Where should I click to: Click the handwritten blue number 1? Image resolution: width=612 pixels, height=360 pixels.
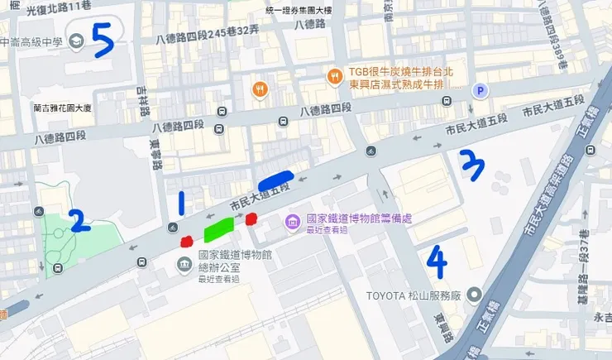tap(182, 204)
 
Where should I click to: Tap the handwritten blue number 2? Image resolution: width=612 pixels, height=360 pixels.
tap(78, 220)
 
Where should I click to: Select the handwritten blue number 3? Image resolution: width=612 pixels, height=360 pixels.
tap(472, 164)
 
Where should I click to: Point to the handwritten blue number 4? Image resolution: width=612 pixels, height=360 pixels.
tap(437, 260)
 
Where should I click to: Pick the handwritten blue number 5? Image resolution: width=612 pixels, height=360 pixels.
tap(102, 39)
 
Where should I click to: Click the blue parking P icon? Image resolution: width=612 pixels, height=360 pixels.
tap(478, 90)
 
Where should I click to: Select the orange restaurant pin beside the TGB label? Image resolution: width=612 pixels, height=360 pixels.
tap(334, 76)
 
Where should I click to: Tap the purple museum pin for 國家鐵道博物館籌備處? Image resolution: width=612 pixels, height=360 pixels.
tap(291, 221)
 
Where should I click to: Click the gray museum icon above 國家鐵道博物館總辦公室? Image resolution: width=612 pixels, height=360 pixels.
tap(184, 264)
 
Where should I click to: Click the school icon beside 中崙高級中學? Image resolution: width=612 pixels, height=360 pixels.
tap(77, 40)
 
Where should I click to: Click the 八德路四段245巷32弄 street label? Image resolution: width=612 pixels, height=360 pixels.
tap(207, 36)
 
